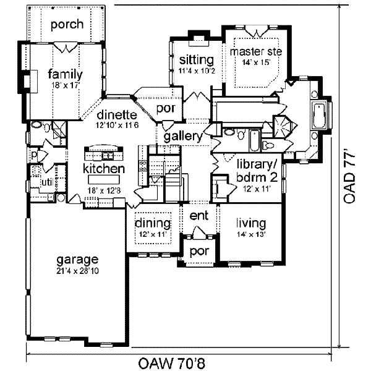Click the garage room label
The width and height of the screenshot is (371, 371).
coord(77,260)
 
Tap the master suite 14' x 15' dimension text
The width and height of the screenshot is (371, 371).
coord(256,62)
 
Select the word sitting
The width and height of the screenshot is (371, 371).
coord(197,60)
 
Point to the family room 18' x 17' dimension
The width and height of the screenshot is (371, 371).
coord(65,85)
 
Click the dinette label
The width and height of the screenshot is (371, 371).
coord(117,115)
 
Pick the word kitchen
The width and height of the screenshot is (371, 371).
coord(104,169)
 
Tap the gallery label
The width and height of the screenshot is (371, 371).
coord(183,137)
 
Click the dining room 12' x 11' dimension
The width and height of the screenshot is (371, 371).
coord(153,234)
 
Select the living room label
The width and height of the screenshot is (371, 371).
coord(251,223)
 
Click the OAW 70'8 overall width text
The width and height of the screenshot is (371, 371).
coord(171,363)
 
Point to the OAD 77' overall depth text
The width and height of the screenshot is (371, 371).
coord(349,176)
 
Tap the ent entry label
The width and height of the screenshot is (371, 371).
coord(199,216)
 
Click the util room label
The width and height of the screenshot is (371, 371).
coord(47,182)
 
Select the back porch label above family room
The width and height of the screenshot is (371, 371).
coord(67,24)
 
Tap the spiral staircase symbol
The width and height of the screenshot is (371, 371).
coord(284,126)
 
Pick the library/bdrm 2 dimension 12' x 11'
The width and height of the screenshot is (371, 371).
coord(257,189)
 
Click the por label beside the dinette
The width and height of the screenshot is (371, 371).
coord(166,109)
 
